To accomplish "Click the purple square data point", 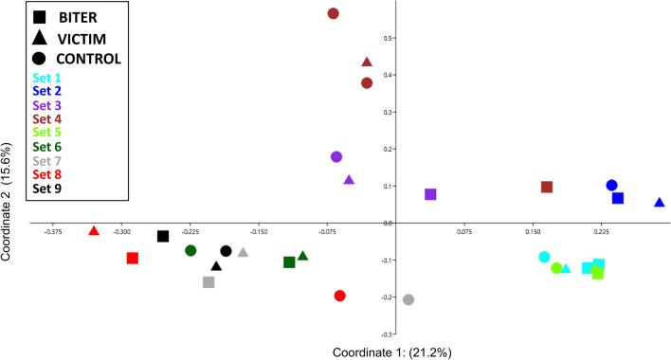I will pyautogui.click(x=430, y=194).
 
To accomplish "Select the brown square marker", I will pyautogui.click(x=547, y=187).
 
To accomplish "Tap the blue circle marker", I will pyautogui.click(x=611, y=186).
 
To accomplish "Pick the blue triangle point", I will pyautogui.click(x=660, y=203).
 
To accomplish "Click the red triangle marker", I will pyautogui.click(x=94, y=230).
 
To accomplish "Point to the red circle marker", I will pyautogui.click(x=340, y=296).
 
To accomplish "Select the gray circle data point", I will pyautogui.click(x=408, y=299).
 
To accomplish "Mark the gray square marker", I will pyautogui.click(x=209, y=281).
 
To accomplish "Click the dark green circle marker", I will pyautogui.click(x=190, y=250).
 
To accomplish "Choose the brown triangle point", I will pyautogui.click(x=367, y=63).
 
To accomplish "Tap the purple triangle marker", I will pyautogui.click(x=349, y=180).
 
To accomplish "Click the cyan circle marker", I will pyautogui.click(x=544, y=257).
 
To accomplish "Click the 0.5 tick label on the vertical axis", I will pyautogui.click(x=414, y=38).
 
